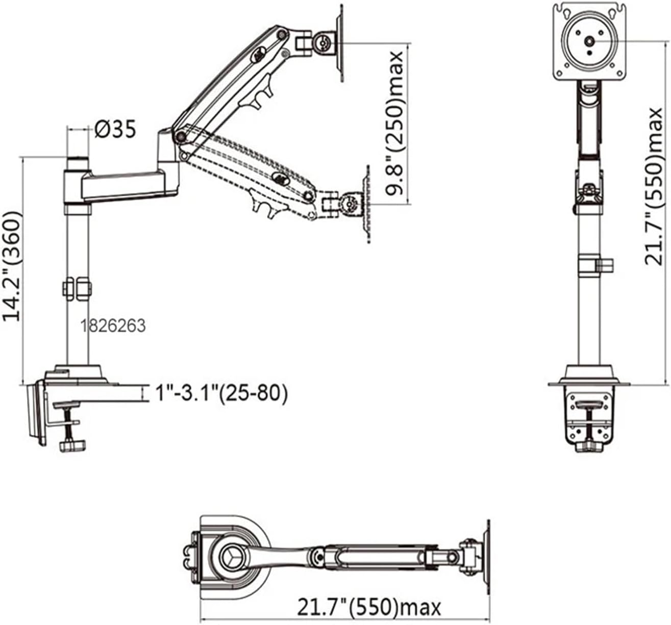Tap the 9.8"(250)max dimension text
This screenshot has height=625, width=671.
pyautogui.click(x=394, y=123)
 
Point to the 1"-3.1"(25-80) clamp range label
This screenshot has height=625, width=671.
pyautogui.click(x=221, y=393)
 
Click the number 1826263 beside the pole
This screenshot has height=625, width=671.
pyautogui.click(x=113, y=326)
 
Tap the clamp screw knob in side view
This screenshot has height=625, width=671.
pyautogui.click(x=73, y=445)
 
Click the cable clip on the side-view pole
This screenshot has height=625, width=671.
pyautogui.click(x=78, y=288)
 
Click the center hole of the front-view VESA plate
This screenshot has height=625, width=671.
pyautogui.click(x=589, y=42)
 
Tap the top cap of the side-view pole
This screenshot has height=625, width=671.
pyautogui.click(x=78, y=163)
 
